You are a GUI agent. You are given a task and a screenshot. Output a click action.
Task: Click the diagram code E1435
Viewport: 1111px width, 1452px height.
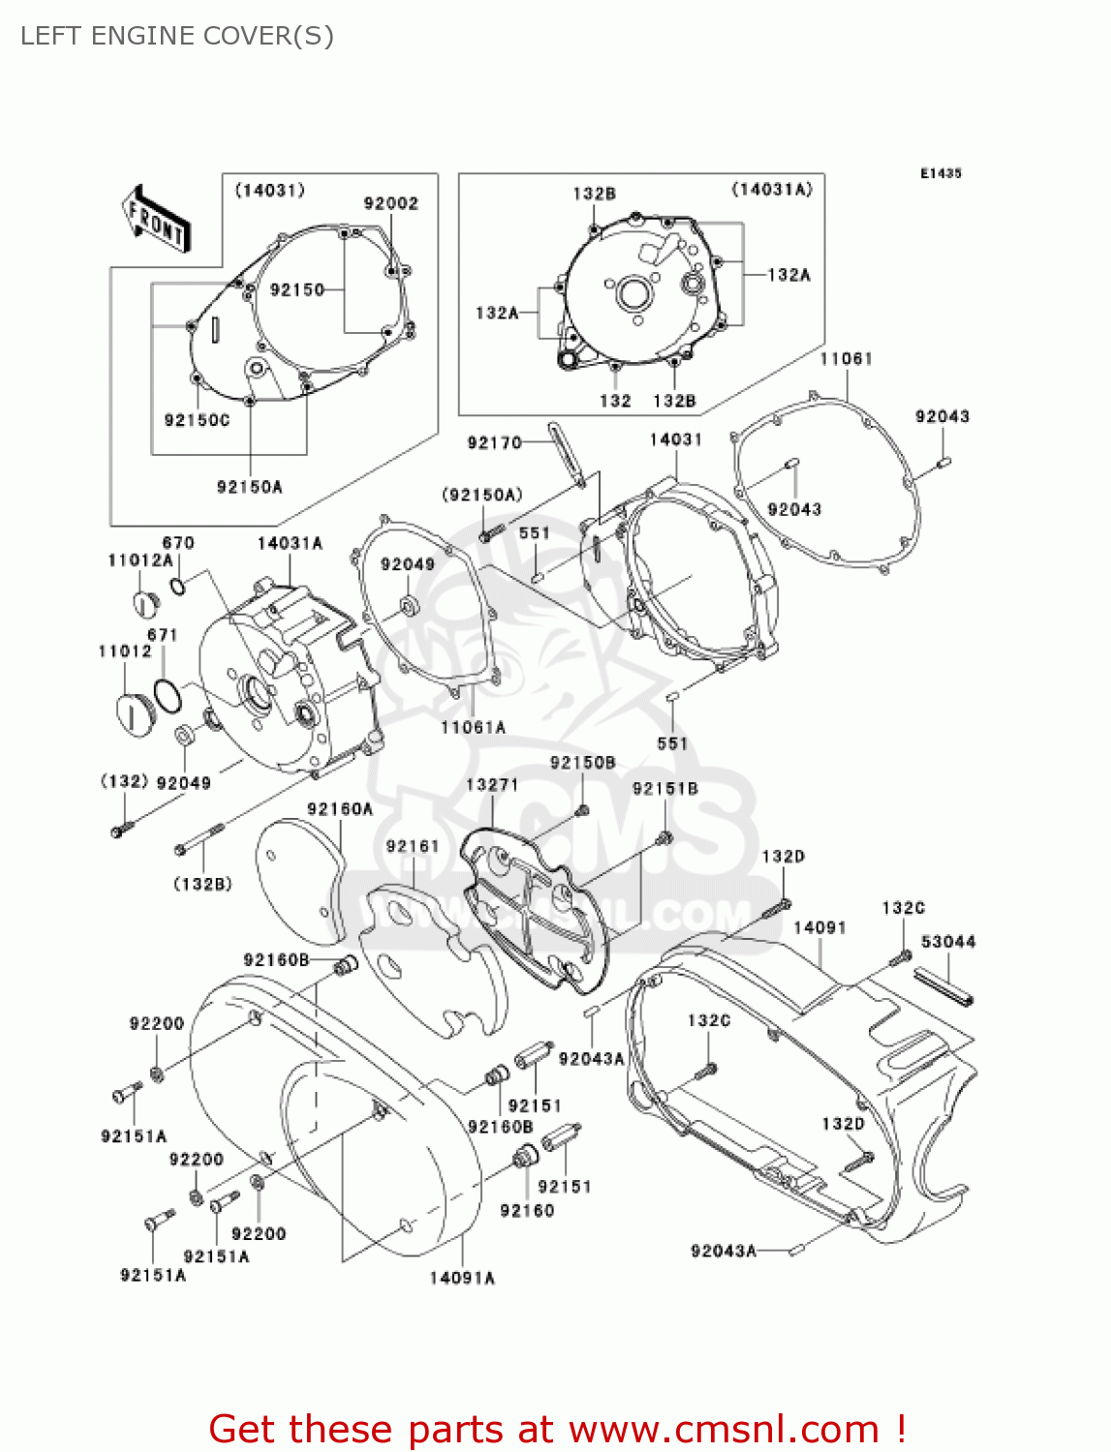(x=941, y=173)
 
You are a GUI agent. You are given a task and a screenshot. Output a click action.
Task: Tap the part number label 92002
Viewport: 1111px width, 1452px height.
(x=391, y=203)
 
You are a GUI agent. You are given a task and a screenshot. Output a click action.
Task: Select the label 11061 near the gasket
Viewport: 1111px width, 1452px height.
(x=846, y=359)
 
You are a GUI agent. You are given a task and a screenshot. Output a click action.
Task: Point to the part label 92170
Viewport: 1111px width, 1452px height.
(x=494, y=442)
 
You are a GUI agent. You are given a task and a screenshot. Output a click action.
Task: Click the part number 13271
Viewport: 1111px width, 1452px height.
(x=492, y=784)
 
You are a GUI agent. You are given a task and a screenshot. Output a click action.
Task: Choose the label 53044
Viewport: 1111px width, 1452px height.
(x=948, y=942)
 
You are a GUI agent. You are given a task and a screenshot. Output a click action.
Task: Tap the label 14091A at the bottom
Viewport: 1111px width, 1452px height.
(x=462, y=1278)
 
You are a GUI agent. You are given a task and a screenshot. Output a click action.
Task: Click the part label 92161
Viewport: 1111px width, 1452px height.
(x=413, y=846)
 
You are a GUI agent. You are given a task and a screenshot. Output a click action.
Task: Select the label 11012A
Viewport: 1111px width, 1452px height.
(x=140, y=560)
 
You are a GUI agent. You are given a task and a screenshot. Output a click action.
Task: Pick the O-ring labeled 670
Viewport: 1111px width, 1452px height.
(x=178, y=586)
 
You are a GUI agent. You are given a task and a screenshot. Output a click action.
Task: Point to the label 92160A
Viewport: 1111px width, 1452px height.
(x=340, y=809)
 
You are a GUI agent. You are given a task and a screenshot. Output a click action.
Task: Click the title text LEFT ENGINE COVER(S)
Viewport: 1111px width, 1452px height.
(x=177, y=36)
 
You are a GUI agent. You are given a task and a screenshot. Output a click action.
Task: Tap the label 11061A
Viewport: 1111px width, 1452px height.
(x=473, y=727)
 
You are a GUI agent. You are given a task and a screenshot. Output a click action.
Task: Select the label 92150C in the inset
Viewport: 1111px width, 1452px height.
(x=197, y=420)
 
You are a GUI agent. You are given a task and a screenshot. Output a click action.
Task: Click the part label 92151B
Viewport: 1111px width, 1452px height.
(x=664, y=789)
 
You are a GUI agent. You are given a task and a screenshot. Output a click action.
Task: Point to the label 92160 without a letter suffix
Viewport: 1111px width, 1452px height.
(x=527, y=1210)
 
